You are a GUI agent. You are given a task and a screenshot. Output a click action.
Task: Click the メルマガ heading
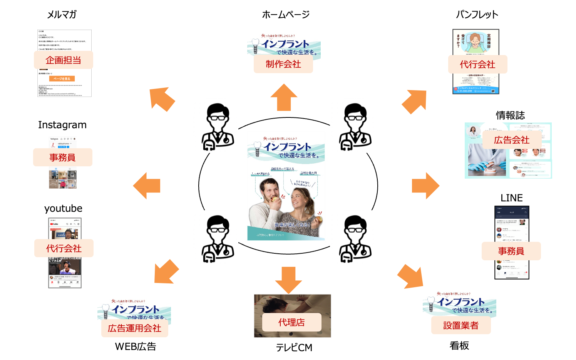62,15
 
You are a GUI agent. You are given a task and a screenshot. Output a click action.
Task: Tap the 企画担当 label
63,60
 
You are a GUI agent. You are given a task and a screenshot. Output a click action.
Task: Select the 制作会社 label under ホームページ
283,64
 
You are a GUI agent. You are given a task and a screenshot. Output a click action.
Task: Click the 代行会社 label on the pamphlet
477,64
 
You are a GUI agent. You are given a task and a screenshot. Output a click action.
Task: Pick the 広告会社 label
512,140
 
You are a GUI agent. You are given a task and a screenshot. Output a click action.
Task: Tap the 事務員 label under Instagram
62,157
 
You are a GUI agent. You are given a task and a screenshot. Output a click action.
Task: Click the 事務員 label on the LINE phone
511,251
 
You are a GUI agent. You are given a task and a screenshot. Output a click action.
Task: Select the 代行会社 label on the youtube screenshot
64,248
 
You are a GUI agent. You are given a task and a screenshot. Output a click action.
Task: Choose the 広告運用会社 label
134,328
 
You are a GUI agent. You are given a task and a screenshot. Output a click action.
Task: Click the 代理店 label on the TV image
291,322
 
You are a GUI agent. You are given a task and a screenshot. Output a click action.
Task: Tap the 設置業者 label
461,325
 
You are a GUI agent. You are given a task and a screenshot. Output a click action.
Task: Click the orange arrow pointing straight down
288,280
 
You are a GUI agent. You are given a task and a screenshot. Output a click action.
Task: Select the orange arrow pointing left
147,186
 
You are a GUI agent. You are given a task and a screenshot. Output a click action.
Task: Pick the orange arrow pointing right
425,186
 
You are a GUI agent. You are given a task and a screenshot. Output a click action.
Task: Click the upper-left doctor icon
218,127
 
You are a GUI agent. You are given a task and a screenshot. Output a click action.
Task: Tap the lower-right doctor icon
355,239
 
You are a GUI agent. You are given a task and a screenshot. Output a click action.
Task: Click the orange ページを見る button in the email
62,79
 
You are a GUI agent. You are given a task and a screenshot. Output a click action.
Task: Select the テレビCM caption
294,347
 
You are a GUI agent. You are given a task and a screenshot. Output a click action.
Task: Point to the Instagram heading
62,125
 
